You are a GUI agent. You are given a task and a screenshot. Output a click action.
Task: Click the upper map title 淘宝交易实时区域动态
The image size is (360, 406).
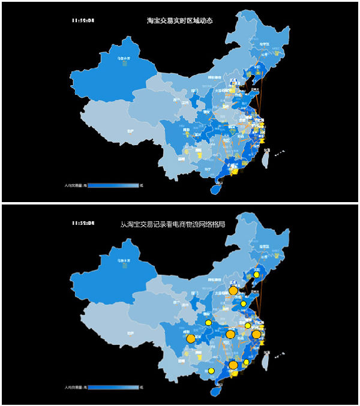pos(179,20)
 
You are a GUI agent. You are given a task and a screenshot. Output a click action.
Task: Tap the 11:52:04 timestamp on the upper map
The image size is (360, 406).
pos(83,20)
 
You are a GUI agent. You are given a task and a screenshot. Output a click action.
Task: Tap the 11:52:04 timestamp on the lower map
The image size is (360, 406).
pos(83,223)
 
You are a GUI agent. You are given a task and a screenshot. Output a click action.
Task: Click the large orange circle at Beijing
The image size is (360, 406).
pos(233,291)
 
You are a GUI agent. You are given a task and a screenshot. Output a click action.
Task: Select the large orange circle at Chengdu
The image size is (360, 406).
pos(191,339)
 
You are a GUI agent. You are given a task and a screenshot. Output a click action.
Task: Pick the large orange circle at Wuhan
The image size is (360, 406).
pos(230,334)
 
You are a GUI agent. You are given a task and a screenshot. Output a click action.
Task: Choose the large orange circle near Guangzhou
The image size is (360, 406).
pos(233,365)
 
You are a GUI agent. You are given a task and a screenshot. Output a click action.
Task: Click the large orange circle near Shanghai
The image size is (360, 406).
pos(256,334)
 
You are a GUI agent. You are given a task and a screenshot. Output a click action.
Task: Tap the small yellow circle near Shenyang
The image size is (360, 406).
pos(256,275)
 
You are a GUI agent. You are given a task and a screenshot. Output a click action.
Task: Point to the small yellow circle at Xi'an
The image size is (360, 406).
pos(208,323)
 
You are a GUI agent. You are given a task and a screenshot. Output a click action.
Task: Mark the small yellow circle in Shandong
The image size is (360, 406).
pos(244,304)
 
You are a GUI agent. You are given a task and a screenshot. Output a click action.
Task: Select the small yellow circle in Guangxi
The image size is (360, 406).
pos(211,371)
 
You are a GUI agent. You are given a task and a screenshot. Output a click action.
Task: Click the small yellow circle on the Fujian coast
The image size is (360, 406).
pos(246,362)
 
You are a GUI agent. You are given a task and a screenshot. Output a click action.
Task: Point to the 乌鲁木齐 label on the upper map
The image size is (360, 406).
pos(124,58)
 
